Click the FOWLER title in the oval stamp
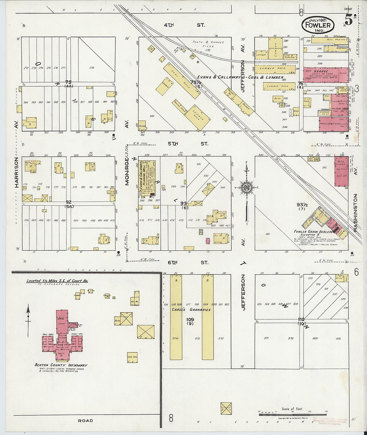[318, 25]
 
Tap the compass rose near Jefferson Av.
[247, 187]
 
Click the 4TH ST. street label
[184, 25]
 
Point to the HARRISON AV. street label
[16, 172]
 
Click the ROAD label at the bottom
[85, 421]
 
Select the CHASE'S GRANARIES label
[191, 310]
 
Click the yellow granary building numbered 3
[176, 317]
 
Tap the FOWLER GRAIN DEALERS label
[313, 232]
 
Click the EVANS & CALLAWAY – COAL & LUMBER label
[240, 77]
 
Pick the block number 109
[190, 319]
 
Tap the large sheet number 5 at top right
[348, 20]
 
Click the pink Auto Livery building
[341, 172]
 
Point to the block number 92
[69, 202]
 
